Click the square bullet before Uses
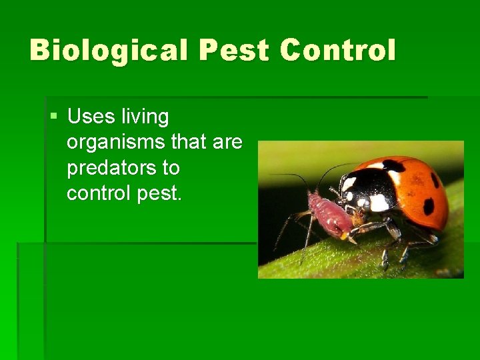54,117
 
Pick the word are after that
229,143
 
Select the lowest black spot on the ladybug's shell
428,207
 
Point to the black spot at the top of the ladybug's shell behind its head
394,165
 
